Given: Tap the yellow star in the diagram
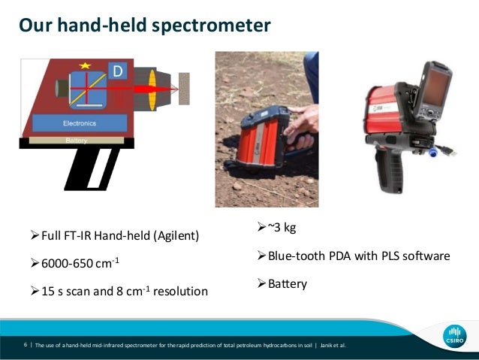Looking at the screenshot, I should tap(85, 66).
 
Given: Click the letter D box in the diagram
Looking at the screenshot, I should tap(117, 71).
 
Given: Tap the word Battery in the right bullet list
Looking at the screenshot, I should tap(288, 284).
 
